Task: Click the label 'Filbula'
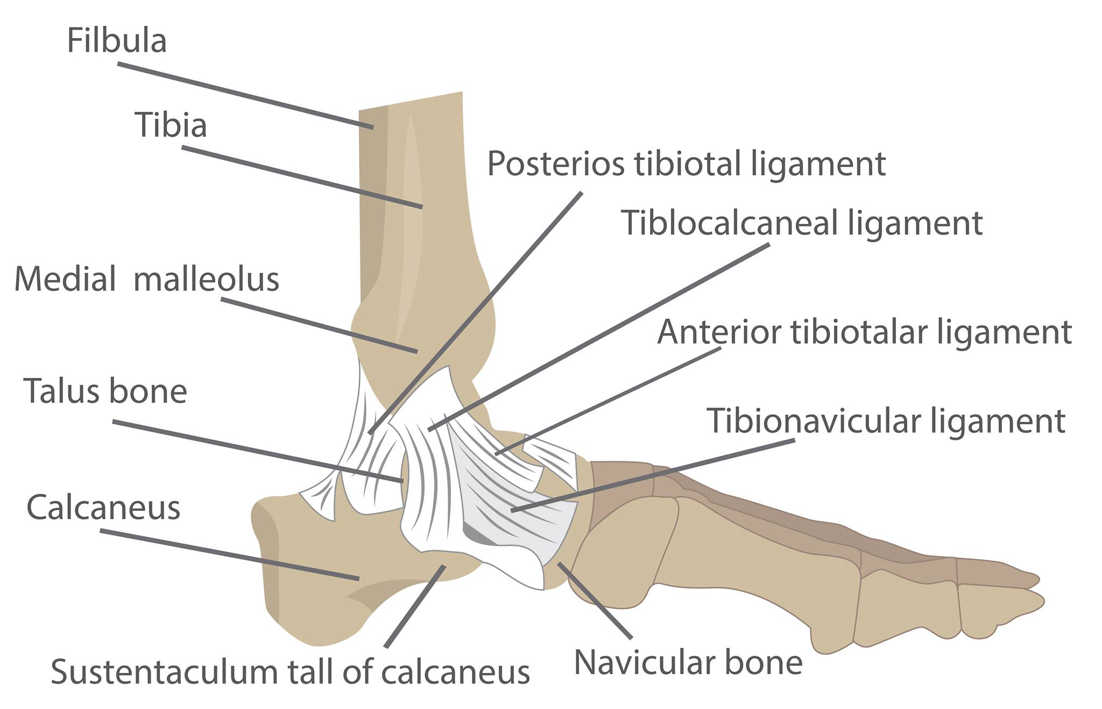pos(117,40)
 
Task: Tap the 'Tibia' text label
pos(171,125)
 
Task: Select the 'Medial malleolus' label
pos(146,279)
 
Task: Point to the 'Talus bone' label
pos(105,391)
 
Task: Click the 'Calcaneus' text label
pos(103,508)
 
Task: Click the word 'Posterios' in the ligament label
pos(556,163)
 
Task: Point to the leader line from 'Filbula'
pos(245,95)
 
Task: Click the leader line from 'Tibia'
pos(302,177)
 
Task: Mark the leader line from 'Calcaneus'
pos(230,554)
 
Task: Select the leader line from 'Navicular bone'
pos(595,600)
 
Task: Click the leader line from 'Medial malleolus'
pos(319,326)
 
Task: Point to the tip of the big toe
pos(1042,599)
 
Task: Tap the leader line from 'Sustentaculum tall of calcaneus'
pos(415,606)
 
